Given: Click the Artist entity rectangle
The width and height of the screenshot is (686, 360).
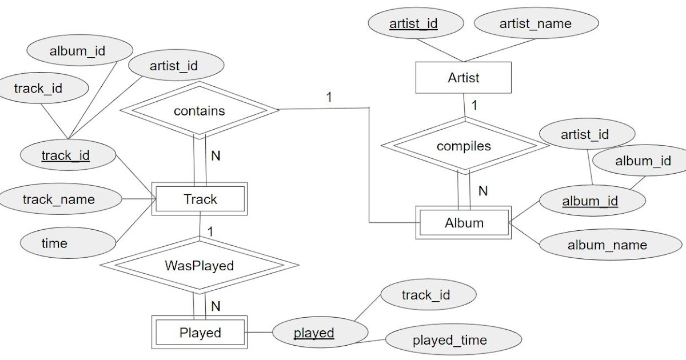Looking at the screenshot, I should pyautogui.click(x=463, y=78).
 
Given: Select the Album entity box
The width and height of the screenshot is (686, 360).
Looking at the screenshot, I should pyautogui.click(x=464, y=223).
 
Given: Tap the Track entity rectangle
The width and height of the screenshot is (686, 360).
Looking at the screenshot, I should pyautogui.click(x=200, y=199).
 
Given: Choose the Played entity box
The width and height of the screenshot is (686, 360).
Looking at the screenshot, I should pyautogui.click(x=200, y=333).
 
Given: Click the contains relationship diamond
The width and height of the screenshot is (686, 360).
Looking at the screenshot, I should pyautogui.click(x=199, y=111).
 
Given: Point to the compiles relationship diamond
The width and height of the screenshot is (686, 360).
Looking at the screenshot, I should pyautogui.click(x=464, y=146).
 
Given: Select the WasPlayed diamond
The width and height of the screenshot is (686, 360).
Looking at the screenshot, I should pyautogui.click(x=199, y=266).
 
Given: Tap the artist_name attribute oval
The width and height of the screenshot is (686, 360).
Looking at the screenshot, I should pyautogui.click(x=536, y=24).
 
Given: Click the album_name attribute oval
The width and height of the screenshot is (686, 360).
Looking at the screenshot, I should pyautogui.click(x=607, y=245).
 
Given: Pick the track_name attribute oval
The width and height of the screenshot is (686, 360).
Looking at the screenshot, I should pyautogui.click(x=59, y=199).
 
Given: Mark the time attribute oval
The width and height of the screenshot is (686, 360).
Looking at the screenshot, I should pyautogui.click(x=55, y=243).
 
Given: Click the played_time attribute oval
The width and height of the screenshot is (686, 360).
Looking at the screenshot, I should pyautogui.click(x=450, y=341).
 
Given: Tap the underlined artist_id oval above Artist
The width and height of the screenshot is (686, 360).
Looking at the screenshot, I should pyautogui.click(x=413, y=24).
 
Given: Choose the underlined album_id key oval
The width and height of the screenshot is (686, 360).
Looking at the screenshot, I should pyautogui.click(x=590, y=201).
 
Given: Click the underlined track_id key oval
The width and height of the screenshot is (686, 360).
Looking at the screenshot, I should pyautogui.click(x=66, y=155).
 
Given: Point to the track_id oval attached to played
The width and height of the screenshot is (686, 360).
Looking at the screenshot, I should pyautogui.click(x=426, y=295).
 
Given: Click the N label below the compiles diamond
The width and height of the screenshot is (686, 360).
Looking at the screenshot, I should pyautogui.click(x=483, y=191).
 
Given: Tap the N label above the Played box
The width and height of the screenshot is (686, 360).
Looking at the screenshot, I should pyautogui.click(x=216, y=306).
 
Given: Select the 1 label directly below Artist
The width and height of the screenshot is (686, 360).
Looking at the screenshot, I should pyautogui.click(x=474, y=105).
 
